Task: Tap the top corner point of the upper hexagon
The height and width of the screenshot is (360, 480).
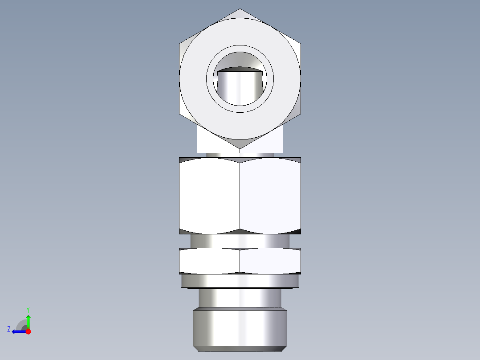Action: click(240, 9)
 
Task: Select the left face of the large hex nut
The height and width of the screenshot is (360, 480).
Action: click(209, 196)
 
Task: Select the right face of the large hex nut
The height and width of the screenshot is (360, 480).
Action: click(270, 196)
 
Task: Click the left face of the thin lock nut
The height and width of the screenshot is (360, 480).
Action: click(209, 261)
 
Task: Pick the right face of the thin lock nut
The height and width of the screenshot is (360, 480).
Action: click(270, 261)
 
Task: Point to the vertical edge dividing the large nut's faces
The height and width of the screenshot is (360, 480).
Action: click(240, 196)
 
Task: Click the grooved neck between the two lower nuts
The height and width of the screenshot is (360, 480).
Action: click(240, 241)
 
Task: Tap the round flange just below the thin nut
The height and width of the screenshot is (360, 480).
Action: click(240, 281)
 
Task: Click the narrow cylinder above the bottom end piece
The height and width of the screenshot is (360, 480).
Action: click(240, 297)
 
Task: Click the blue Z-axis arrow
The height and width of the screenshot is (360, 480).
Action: click(18, 331)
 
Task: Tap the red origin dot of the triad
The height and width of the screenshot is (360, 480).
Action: click(28, 331)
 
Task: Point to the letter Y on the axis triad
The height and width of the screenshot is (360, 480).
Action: click(28, 309)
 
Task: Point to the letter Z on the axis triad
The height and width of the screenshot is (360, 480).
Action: click(9, 329)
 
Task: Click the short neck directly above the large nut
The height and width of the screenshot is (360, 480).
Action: click(240, 155)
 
